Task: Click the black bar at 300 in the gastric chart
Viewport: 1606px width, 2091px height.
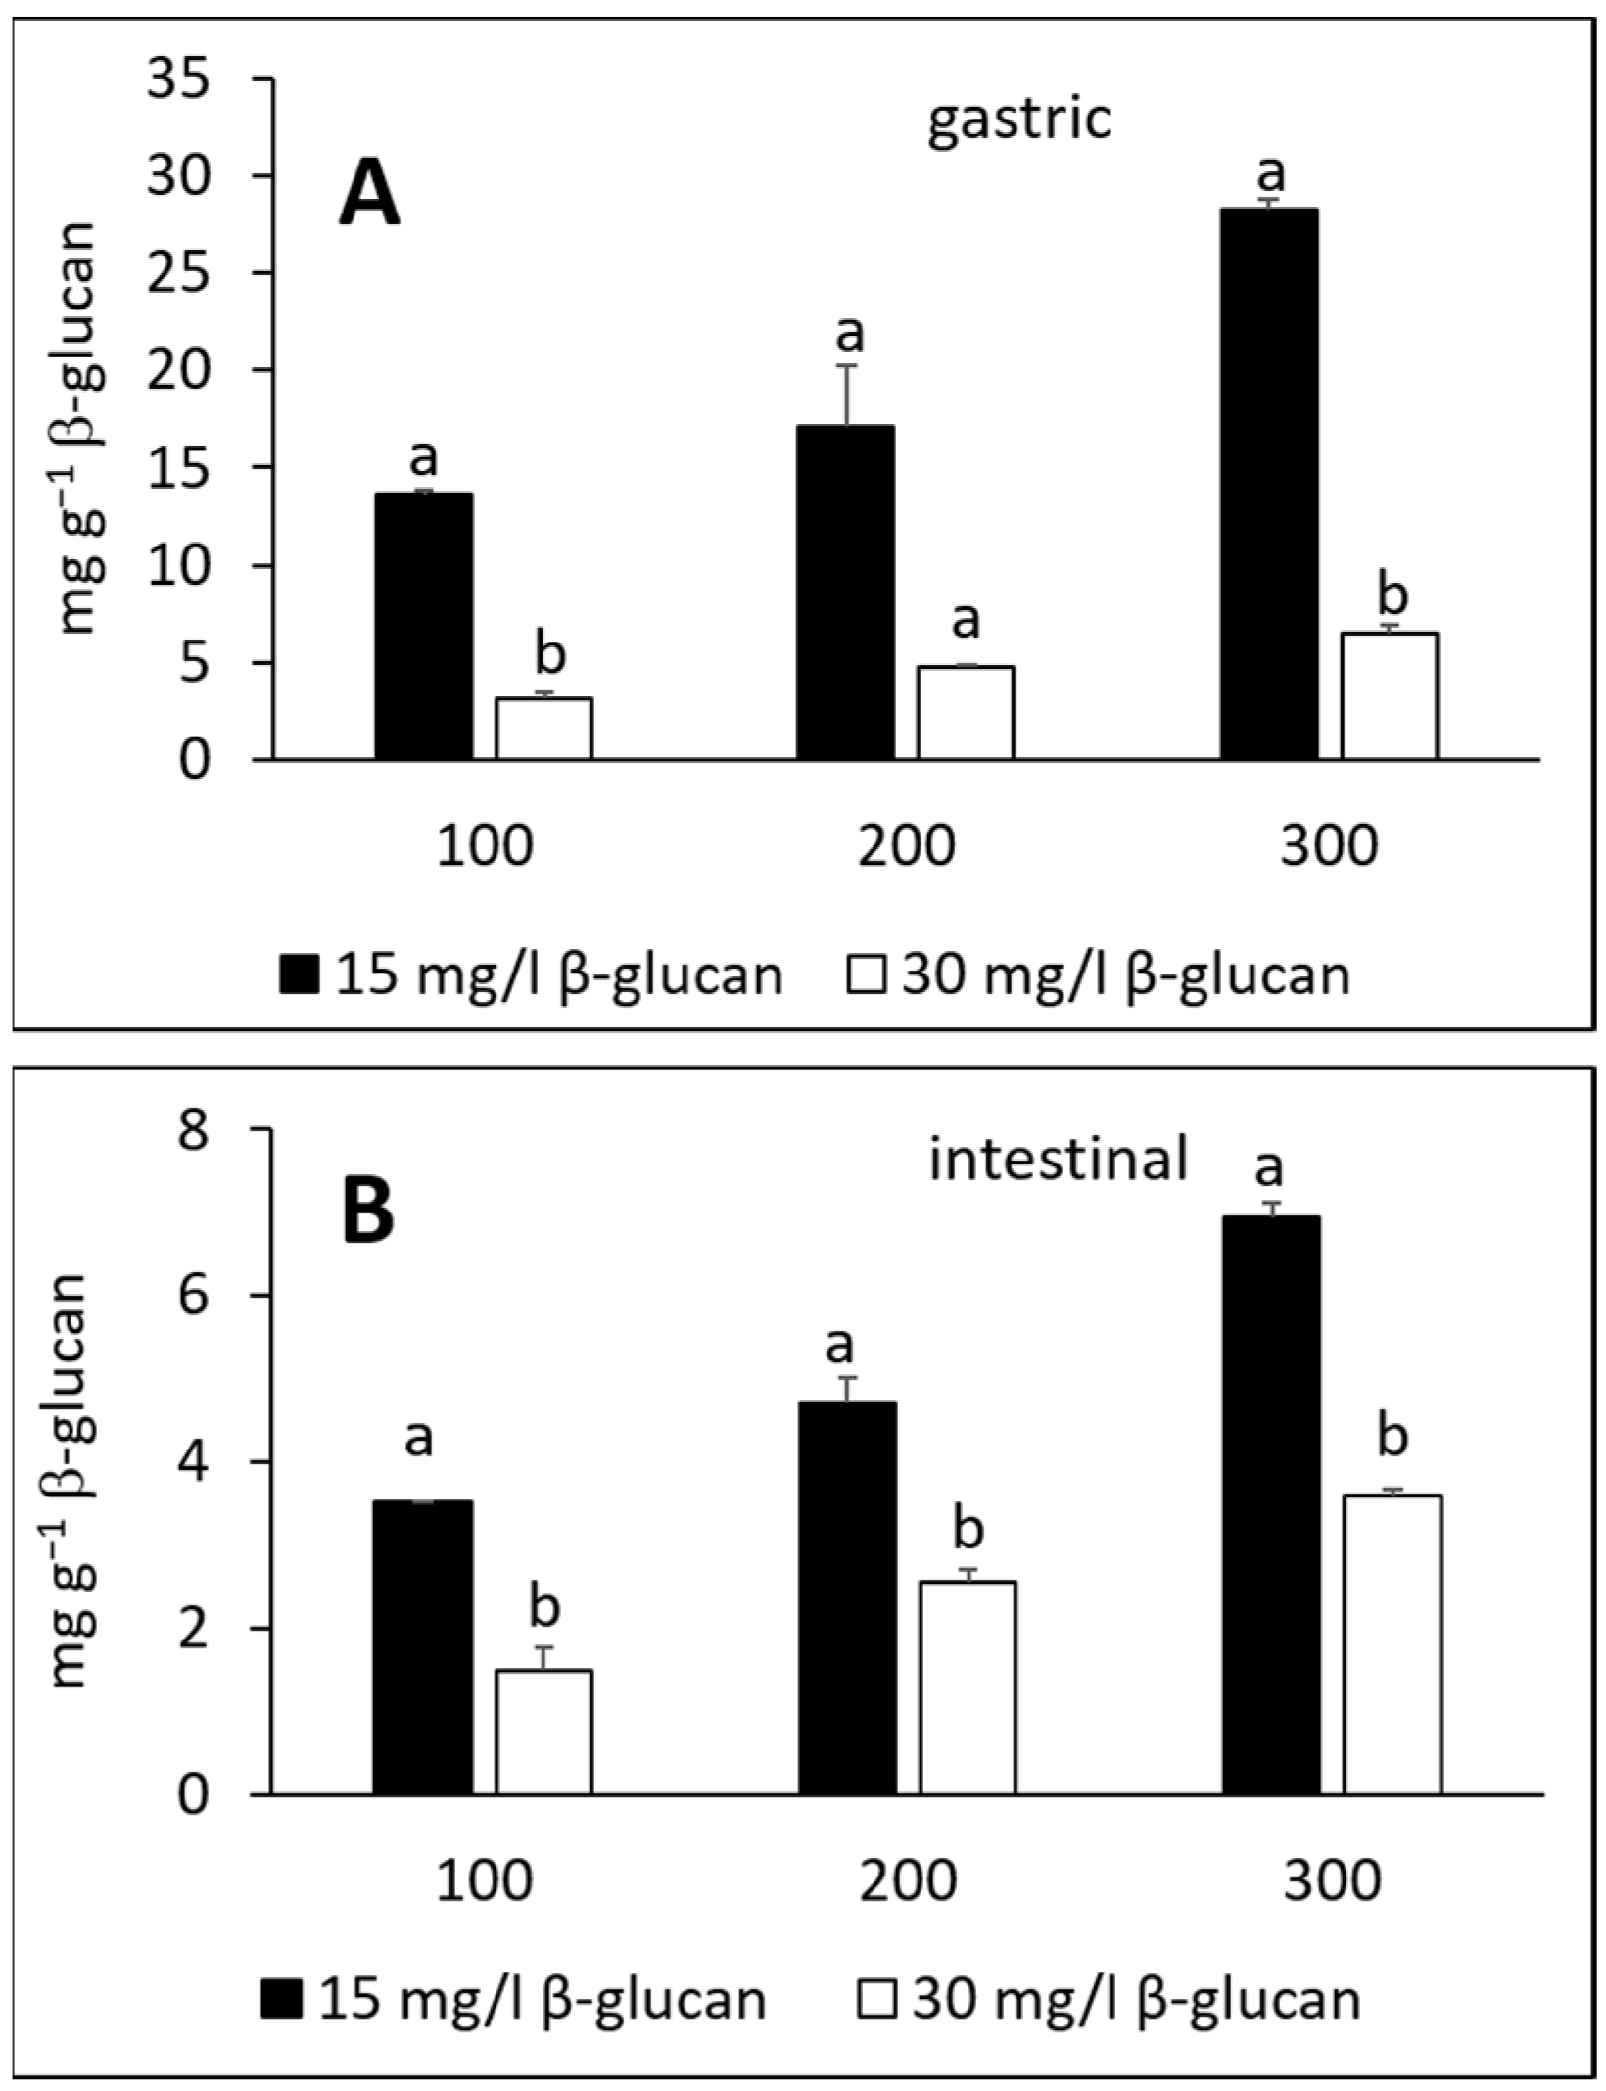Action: [x=1268, y=484]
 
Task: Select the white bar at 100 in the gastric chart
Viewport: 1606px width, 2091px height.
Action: [x=543, y=729]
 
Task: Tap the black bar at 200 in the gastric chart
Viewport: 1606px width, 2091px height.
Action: [x=844, y=593]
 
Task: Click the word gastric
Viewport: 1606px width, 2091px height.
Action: [x=1019, y=119]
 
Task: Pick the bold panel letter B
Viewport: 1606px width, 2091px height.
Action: [x=368, y=1212]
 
